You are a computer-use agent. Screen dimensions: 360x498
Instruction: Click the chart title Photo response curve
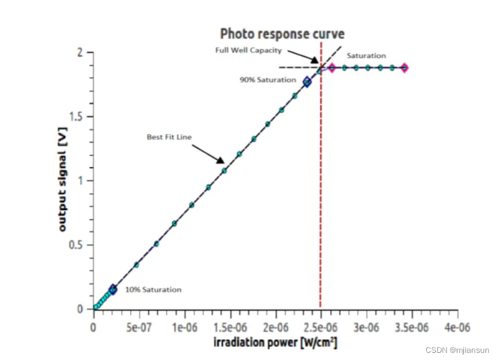[x=282, y=33]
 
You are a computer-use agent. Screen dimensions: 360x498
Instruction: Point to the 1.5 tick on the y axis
[x=76, y=117]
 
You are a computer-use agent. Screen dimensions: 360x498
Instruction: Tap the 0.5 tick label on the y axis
[x=76, y=245]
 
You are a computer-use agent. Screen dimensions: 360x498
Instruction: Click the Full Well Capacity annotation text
[x=248, y=51]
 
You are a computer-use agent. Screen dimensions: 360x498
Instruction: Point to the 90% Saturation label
[x=268, y=80]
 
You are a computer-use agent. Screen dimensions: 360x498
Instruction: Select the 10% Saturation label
[x=153, y=290]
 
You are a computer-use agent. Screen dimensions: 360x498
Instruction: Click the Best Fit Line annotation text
[x=169, y=137]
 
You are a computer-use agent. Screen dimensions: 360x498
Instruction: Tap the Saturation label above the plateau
[x=366, y=55]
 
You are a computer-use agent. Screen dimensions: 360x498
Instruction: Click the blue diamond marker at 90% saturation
[x=307, y=82]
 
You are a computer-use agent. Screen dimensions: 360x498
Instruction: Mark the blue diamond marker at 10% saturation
[x=112, y=289]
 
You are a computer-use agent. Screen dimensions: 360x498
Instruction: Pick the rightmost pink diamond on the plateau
[x=404, y=68]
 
